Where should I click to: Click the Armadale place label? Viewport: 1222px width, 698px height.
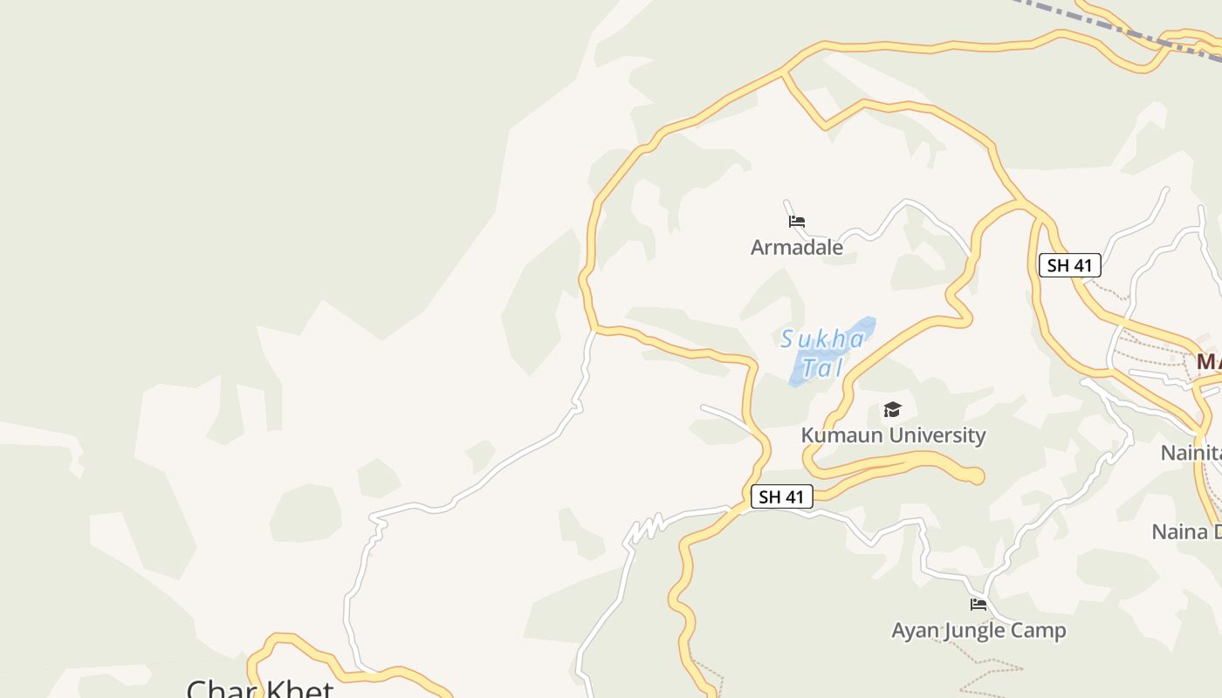tap(796, 247)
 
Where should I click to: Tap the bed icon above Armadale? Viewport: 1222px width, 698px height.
tap(796, 222)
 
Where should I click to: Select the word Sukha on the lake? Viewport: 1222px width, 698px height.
tap(822, 339)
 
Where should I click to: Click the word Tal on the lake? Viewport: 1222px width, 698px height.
tap(822, 368)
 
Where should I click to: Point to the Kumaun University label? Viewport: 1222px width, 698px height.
tap(893, 435)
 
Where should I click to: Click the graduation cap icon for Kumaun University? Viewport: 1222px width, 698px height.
tap(892, 409)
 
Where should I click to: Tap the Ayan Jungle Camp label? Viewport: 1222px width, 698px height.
tap(978, 630)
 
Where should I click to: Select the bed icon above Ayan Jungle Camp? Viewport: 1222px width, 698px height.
tap(978, 604)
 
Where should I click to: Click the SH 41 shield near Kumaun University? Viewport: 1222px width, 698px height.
tap(781, 497)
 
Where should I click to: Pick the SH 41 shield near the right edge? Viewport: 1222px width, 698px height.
tap(1069, 265)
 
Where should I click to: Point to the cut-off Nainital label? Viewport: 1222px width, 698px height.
tap(1191, 453)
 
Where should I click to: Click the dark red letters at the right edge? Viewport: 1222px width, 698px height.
tap(1209, 362)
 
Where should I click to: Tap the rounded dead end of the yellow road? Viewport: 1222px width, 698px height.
tap(975, 476)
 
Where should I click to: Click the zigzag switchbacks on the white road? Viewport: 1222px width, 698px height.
tap(644, 529)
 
